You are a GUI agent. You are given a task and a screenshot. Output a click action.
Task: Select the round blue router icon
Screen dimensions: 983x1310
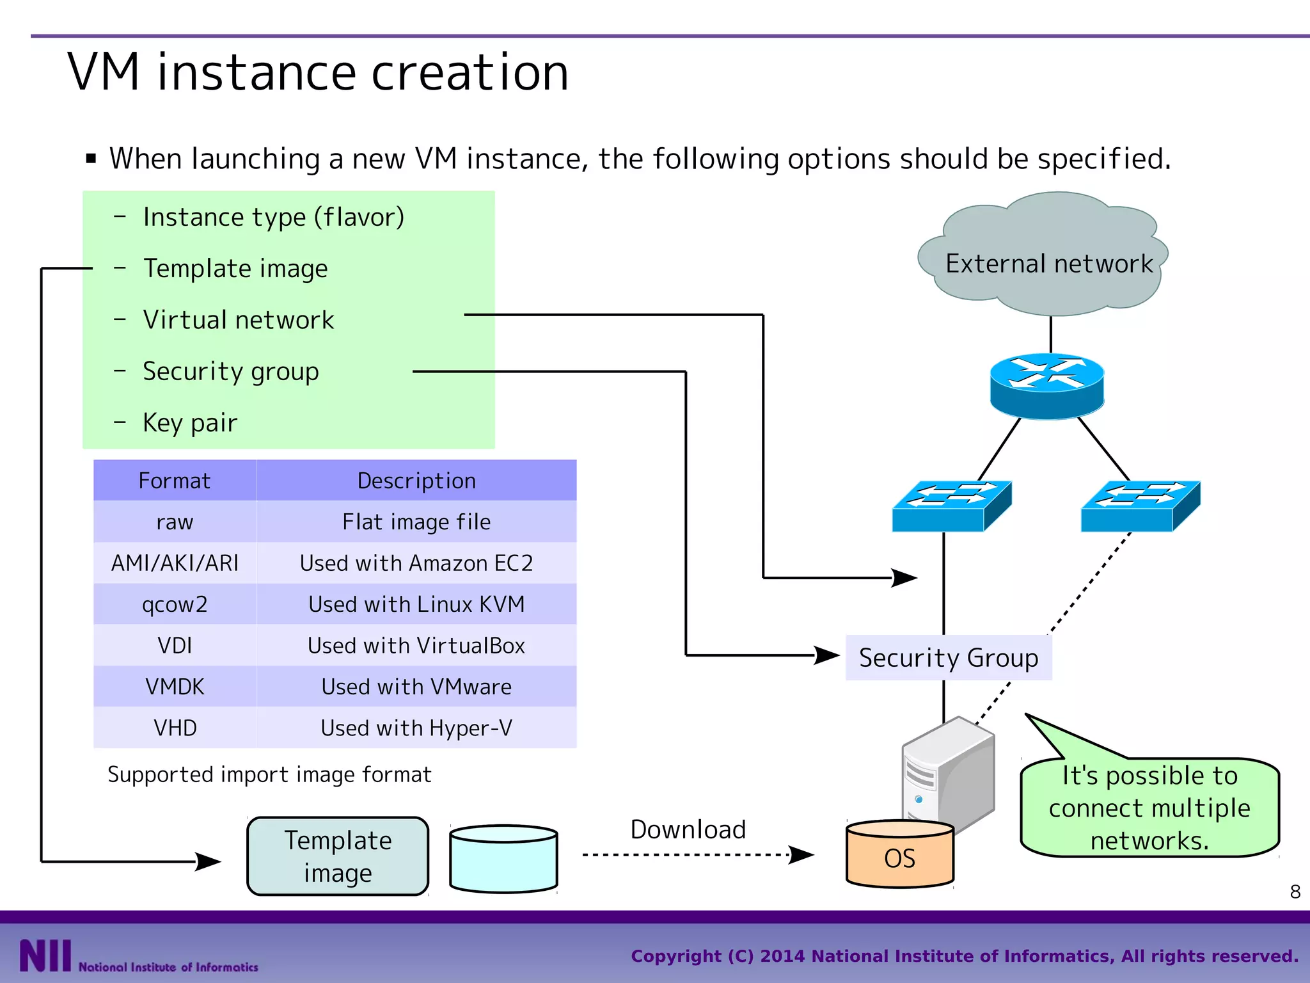tap(1046, 386)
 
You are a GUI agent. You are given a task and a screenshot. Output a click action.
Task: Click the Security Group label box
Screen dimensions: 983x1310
tap(948, 658)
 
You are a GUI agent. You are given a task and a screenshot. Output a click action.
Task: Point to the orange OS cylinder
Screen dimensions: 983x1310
tap(899, 856)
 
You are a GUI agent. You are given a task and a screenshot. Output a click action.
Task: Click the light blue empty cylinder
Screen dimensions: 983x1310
tap(503, 859)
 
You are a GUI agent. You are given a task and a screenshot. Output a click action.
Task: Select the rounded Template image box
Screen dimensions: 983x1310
tap(338, 856)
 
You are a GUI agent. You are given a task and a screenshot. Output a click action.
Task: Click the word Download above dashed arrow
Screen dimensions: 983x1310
tap(688, 829)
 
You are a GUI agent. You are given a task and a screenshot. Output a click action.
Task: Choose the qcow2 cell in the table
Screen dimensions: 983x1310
tap(175, 604)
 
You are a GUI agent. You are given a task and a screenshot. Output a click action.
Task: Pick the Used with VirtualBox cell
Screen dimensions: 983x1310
tap(416, 645)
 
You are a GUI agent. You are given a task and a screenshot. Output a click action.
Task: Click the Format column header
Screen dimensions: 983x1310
tap(175, 481)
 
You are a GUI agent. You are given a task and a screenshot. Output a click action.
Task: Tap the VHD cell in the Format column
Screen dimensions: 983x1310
tap(175, 728)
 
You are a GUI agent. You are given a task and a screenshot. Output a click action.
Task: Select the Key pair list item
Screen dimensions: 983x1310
tap(190, 423)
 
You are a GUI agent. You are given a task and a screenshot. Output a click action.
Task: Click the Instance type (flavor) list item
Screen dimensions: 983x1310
tap(273, 218)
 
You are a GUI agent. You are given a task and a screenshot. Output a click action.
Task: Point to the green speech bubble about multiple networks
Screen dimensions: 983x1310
tap(1149, 808)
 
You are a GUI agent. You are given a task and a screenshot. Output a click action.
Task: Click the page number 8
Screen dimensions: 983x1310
tap(1295, 891)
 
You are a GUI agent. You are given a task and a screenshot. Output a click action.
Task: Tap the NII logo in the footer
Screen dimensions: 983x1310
tap(45, 955)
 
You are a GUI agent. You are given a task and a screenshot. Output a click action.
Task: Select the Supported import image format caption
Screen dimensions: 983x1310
tap(269, 774)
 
